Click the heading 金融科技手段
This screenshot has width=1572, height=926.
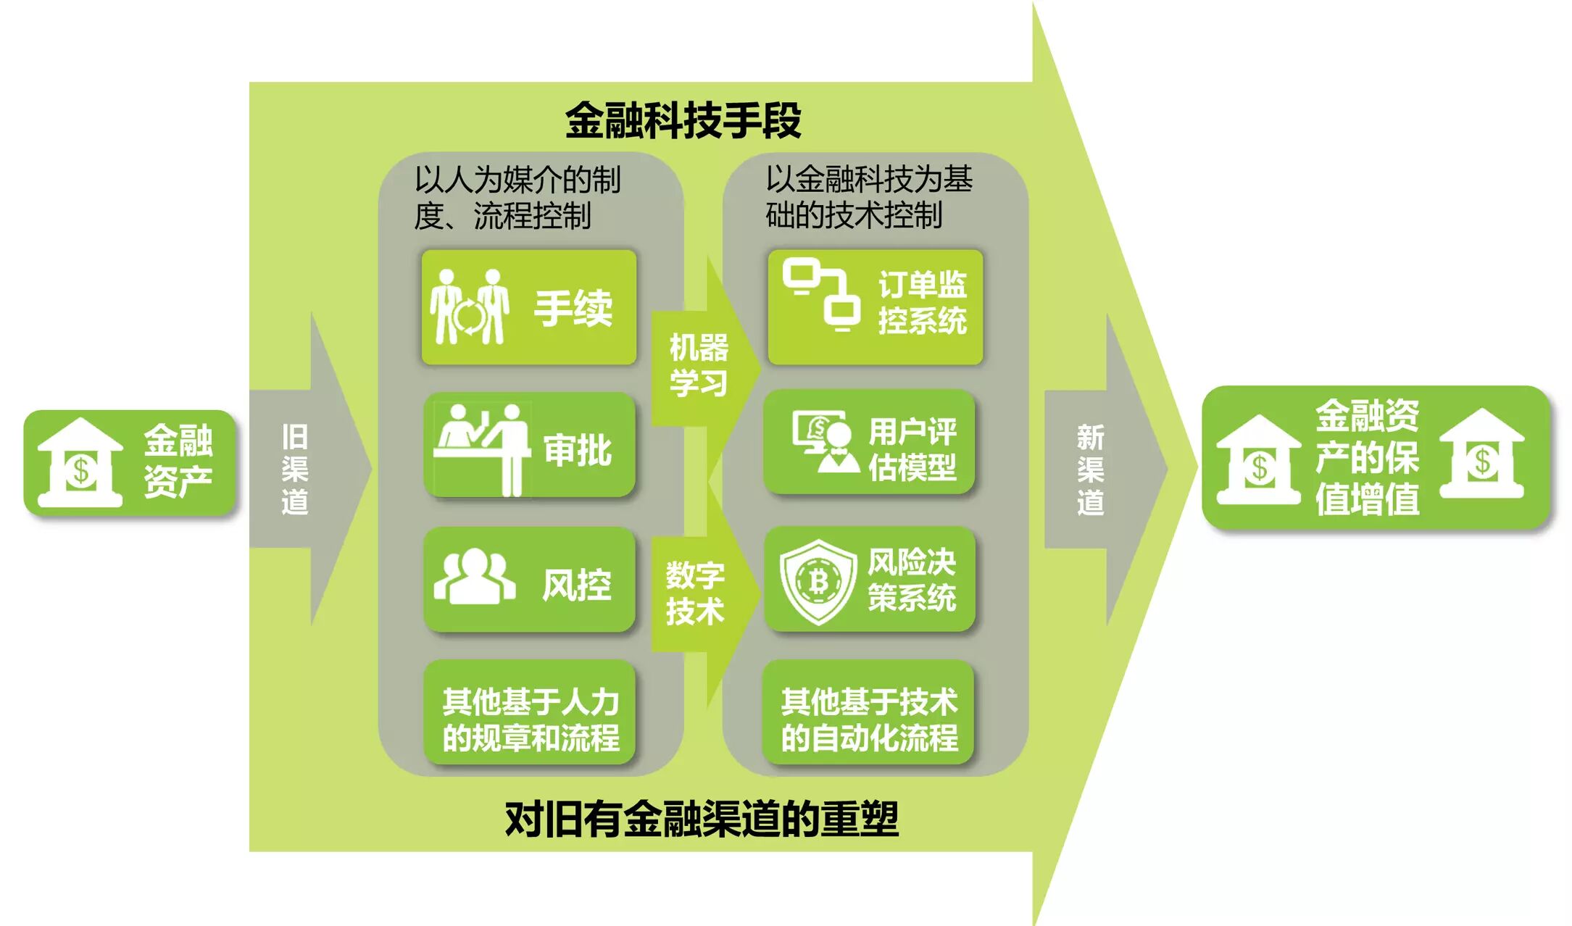683,120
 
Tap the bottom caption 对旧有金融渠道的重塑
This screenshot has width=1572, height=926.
701,819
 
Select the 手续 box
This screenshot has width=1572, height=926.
529,307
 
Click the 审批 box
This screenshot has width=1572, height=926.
529,445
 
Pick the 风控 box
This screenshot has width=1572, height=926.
529,580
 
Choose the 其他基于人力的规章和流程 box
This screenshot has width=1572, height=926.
529,712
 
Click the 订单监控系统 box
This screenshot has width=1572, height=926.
875,307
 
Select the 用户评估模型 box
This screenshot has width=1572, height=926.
869,442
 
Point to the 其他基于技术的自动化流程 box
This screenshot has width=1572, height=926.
868,712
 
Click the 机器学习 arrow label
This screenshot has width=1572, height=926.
698,366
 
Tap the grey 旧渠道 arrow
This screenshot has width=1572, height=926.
304,469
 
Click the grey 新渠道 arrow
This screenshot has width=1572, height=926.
1098,469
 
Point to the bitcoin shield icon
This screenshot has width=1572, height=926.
818,581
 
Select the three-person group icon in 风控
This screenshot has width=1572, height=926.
475,577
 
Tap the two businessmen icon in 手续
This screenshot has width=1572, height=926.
470,306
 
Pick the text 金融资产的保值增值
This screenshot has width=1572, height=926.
1367,457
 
